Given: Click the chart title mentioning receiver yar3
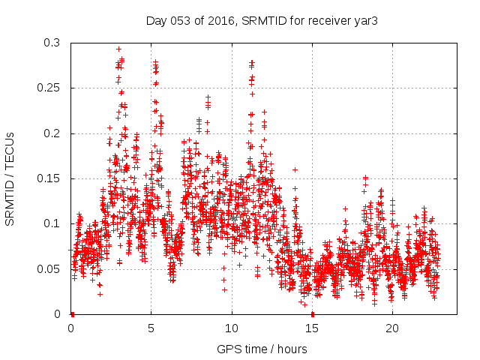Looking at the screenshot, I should coord(261,20).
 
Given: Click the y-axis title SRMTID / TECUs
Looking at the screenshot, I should coord(10,178).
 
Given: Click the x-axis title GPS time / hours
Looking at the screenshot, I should coord(261,349).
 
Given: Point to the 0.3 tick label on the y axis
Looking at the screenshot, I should coord(51,43).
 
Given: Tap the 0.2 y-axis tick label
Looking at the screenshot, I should coord(51,133).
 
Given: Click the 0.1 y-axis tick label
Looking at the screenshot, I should coord(51,223).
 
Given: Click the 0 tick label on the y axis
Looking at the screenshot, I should coord(58,314).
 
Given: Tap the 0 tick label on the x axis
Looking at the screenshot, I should coord(71,328).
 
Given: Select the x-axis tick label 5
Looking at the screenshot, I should coord(151,328).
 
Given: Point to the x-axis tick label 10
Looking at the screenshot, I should coord(232,328).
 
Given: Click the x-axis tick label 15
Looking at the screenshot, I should coord(312,328).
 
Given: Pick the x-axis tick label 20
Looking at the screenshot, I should coord(392,328).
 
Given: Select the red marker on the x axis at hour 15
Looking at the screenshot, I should coord(312,313).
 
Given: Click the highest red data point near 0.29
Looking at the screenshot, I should coord(118,49).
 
